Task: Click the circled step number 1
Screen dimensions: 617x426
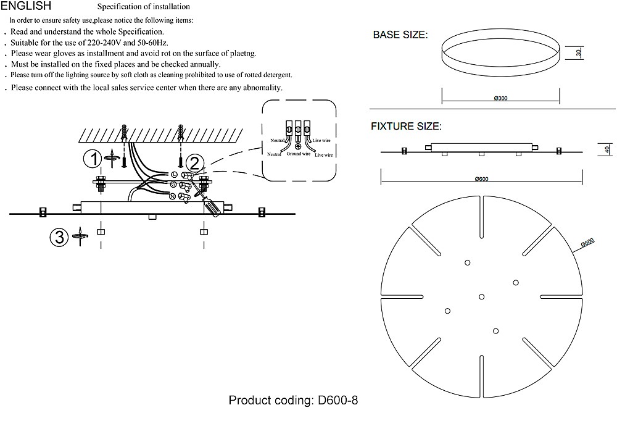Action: click(x=93, y=159)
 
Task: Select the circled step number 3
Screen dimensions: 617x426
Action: click(x=59, y=237)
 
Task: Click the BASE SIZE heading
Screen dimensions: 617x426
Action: click(x=400, y=35)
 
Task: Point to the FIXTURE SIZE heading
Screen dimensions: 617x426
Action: click(x=406, y=127)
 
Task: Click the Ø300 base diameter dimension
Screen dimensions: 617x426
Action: click(x=500, y=98)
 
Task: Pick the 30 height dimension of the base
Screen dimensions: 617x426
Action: click(x=579, y=52)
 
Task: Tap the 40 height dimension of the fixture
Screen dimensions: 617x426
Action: click(x=607, y=149)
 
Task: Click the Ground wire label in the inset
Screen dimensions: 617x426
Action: click(x=298, y=154)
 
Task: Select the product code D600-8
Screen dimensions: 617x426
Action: click(x=337, y=401)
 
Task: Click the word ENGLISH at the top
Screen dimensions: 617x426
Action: click(x=26, y=6)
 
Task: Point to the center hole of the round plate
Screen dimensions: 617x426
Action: click(x=481, y=297)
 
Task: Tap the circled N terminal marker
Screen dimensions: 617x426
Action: click(x=172, y=196)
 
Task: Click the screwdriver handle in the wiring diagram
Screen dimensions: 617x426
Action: click(x=210, y=207)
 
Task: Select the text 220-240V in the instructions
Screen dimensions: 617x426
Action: click(x=102, y=43)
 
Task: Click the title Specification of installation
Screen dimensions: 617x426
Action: click(x=143, y=7)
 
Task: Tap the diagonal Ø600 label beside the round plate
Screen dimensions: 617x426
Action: click(x=587, y=243)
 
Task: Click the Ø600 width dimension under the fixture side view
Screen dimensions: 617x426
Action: click(x=481, y=179)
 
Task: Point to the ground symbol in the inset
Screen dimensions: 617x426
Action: click(x=298, y=147)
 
